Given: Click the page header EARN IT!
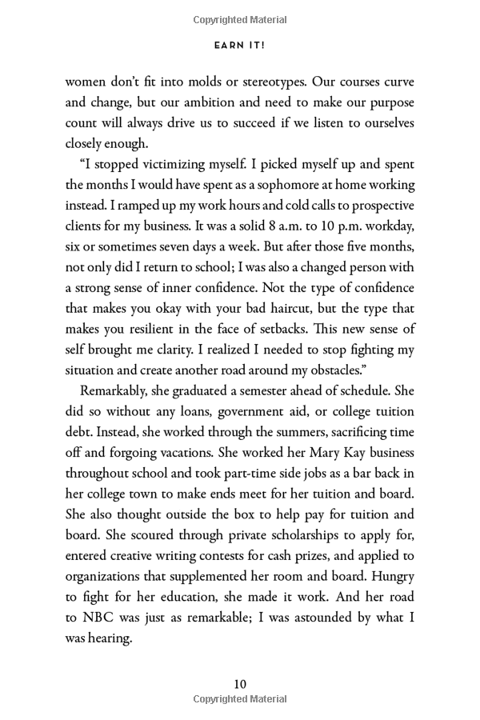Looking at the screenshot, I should (239, 46).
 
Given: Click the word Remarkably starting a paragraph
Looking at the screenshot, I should (114, 391).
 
